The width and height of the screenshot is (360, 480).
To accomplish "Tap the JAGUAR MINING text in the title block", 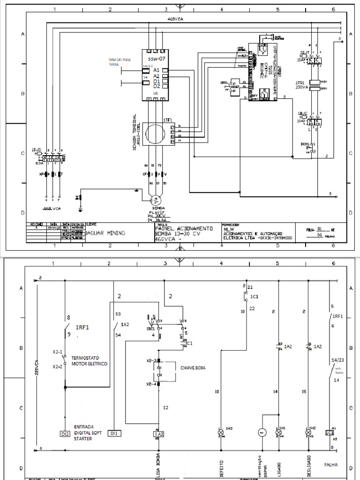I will (106, 232).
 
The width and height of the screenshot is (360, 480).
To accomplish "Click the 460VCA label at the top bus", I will (175, 19).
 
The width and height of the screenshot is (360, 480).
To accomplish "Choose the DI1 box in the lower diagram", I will (114, 433).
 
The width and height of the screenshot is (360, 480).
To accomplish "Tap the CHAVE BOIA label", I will (194, 368).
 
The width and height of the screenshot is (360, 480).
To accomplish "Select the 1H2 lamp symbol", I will (308, 432).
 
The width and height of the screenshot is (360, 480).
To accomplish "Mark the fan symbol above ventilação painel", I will (262, 432).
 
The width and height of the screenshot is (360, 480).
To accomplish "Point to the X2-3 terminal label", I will (151, 361).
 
